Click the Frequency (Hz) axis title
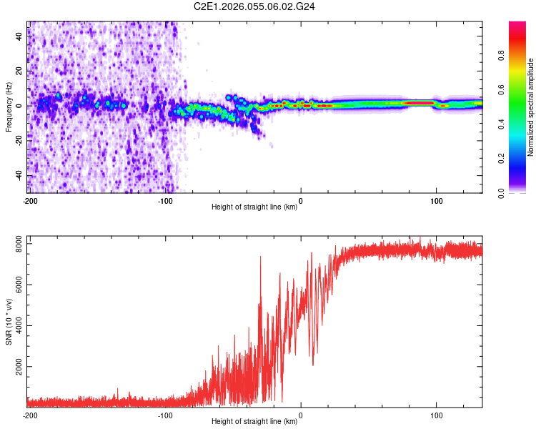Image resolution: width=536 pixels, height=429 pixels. pos(9,107)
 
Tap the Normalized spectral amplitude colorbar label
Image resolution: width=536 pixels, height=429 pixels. pos(530,107)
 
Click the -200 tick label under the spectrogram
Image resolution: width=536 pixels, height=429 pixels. pos(29,201)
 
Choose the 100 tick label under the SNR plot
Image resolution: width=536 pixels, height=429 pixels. pos(437,415)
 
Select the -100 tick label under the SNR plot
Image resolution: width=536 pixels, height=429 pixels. pos(165,415)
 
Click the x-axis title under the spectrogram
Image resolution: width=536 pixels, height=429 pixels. pos(255,207)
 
